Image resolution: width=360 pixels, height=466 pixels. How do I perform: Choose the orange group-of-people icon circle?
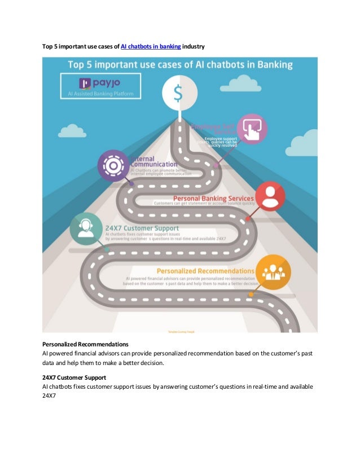(273, 272)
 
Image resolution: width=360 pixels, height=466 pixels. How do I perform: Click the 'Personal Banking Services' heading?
(213, 199)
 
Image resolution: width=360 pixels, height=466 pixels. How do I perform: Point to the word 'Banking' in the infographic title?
(273, 65)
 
